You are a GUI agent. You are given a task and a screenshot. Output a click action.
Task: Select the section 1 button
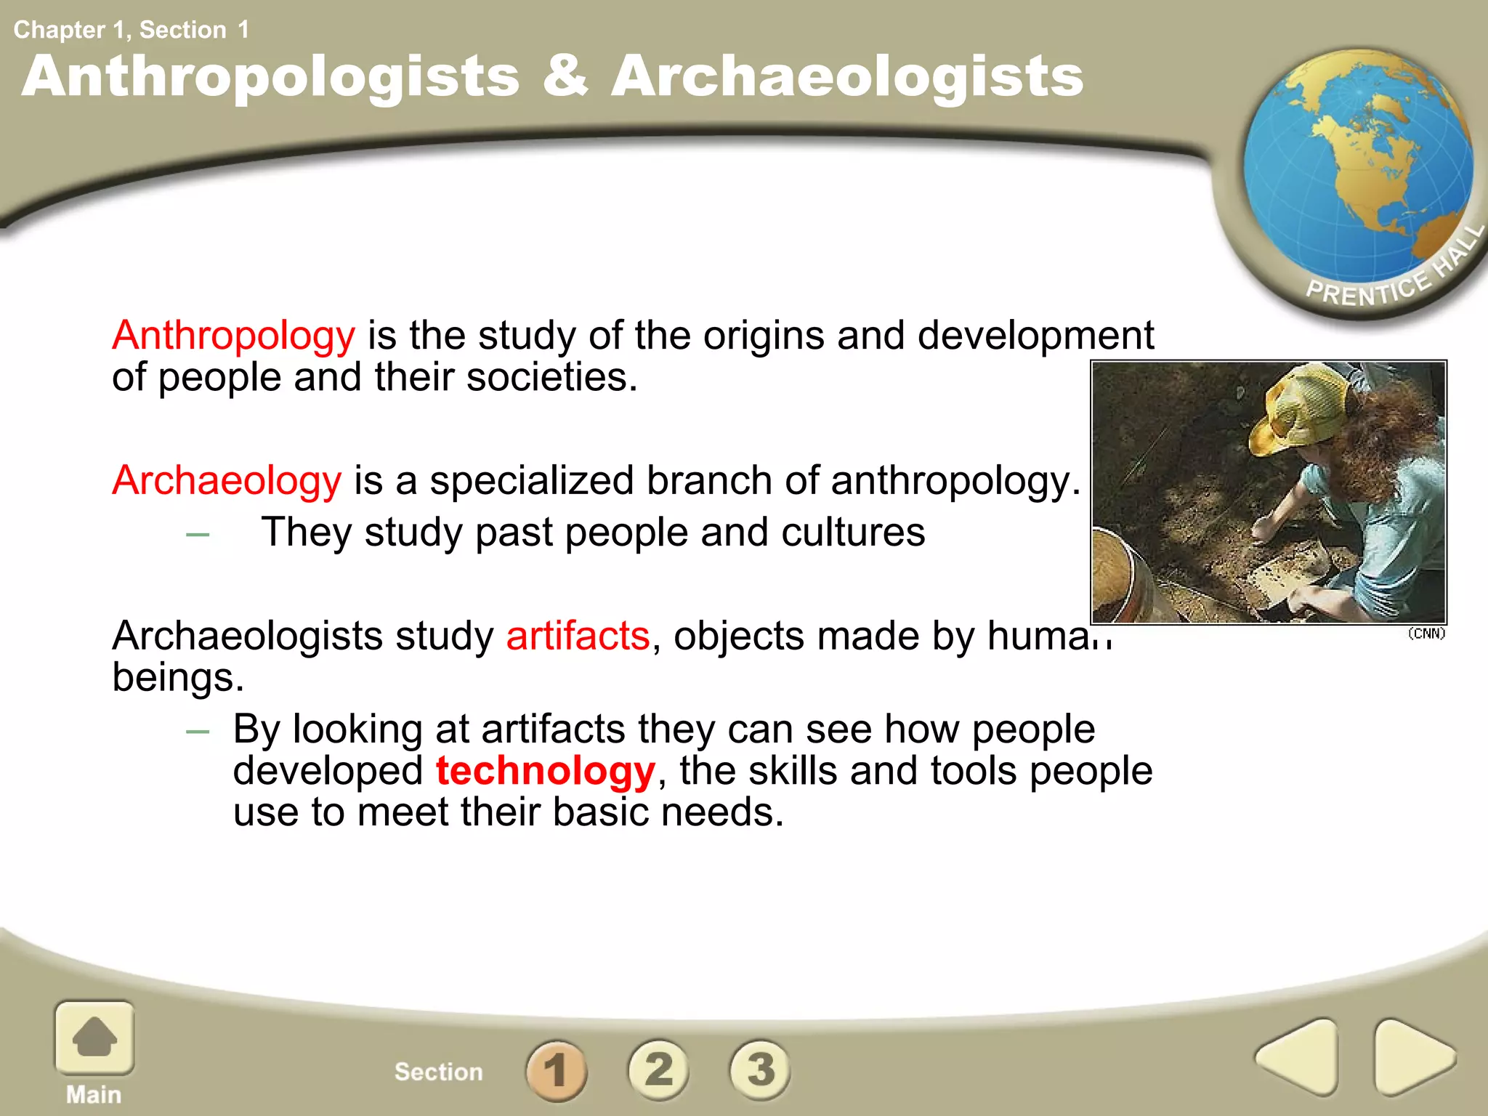coord(557,1069)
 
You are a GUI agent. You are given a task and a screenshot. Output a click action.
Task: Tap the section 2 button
coord(658,1069)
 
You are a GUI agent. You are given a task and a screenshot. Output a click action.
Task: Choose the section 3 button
coord(760,1069)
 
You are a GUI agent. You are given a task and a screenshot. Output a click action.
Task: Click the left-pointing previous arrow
coord(1298,1057)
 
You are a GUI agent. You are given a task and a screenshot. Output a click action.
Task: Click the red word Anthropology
coord(233,336)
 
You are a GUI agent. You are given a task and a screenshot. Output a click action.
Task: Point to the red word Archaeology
coord(227,481)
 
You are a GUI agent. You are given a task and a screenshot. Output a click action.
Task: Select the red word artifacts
coord(578,636)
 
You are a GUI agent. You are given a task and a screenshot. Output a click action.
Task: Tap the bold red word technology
coord(546,771)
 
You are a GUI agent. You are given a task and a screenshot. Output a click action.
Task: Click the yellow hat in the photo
coord(1301,407)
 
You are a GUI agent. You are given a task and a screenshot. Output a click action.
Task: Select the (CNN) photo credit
coord(1426,634)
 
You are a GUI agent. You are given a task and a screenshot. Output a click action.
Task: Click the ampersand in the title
coord(565,76)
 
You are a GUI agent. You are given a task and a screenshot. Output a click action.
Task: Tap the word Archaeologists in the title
coord(847,78)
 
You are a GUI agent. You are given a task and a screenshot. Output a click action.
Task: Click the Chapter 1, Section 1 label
coord(131,30)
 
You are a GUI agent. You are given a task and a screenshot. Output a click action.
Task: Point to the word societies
coord(551,378)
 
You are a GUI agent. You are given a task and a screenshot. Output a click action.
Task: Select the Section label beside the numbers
coord(438,1072)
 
